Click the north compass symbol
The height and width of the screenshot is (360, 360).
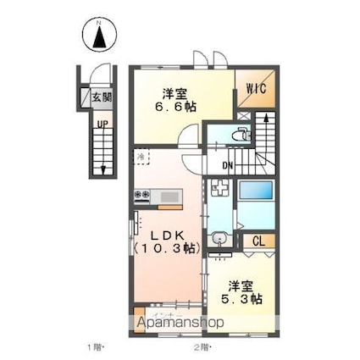100,36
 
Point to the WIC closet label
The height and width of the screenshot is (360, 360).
258,87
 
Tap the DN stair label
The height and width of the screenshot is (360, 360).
227,164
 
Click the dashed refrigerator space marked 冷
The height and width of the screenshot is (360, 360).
142,158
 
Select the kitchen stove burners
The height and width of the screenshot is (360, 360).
141,197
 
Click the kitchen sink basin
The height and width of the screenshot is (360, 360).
169,197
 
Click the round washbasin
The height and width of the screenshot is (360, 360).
220,238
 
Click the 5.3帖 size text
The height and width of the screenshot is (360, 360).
244,299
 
